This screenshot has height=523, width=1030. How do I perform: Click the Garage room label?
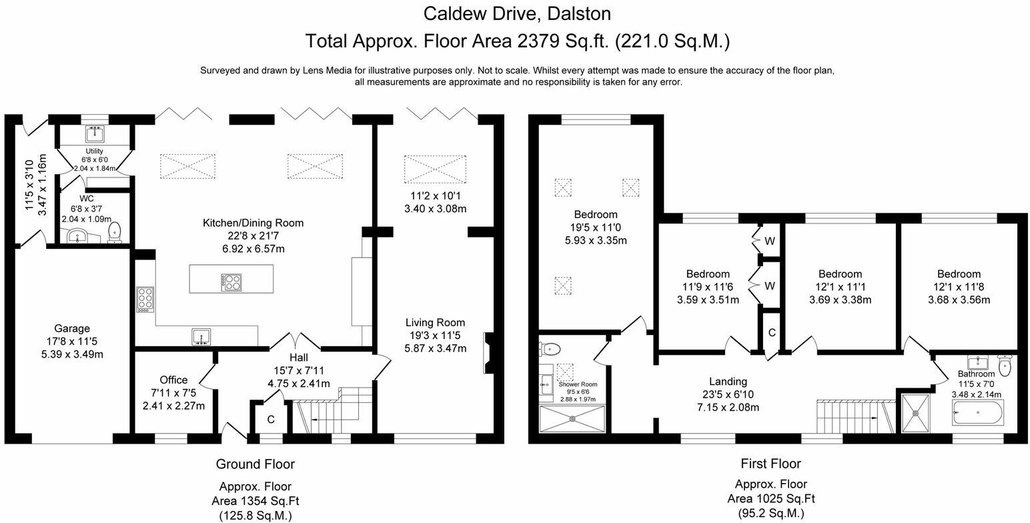(72, 328)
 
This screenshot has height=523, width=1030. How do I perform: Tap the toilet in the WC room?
(114, 231)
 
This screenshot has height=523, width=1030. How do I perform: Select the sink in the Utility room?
(94, 134)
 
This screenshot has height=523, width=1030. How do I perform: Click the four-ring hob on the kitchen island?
(232, 283)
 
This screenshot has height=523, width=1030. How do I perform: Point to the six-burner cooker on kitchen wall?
(145, 300)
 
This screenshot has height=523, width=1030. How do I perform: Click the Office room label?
(173, 380)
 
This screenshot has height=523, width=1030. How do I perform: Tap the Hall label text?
(298, 358)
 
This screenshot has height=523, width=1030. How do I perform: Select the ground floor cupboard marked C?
(271, 420)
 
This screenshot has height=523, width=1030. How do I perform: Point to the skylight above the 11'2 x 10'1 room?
(434, 169)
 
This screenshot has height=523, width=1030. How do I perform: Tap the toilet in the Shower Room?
(552, 348)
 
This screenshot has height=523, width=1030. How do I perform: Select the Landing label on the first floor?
(728, 382)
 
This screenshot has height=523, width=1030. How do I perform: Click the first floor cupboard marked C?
(771, 332)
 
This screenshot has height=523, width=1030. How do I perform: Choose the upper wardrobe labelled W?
(769, 241)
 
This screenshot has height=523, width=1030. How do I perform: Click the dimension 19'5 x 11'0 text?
(595, 227)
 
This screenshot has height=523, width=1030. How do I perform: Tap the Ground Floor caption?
(255, 464)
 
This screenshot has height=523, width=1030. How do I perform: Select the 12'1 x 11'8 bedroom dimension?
(959, 287)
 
